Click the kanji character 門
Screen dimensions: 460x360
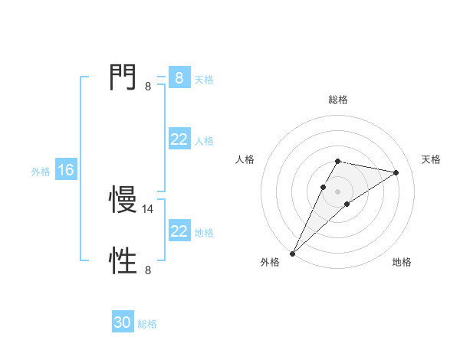[x=123, y=77]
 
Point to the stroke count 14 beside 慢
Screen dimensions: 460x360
[x=149, y=208]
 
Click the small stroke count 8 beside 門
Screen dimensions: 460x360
[x=148, y=87]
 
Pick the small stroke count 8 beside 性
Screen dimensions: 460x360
[x=148, y=270]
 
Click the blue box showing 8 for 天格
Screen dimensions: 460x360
[x=179, y=77]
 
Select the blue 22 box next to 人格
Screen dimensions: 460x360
[x=179, y=139]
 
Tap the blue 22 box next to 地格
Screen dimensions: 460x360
[x=179, y=231]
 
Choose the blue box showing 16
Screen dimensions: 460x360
[x=65, y=170]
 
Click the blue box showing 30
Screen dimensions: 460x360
[x=123, y=322]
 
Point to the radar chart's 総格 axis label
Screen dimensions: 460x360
[x=337, y=100]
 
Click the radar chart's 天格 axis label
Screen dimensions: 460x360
[x=432, y=159]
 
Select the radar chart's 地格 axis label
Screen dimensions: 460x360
[x=402, y=263]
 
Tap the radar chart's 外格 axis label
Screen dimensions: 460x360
[x=270, y=263]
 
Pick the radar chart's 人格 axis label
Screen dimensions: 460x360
[x=245, y=159]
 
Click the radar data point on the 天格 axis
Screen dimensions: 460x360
[x=396, y=172]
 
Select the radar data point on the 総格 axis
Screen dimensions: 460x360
[x=337, y=161]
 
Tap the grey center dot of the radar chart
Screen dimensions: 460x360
[x=337, y=191]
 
